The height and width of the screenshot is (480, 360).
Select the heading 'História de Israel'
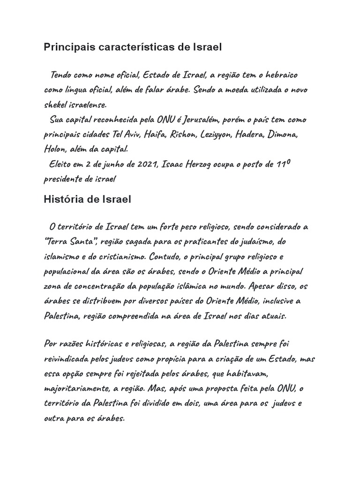click(88, 199)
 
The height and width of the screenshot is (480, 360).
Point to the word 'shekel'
click(56, 105)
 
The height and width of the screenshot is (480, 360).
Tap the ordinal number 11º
click(283, 164)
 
